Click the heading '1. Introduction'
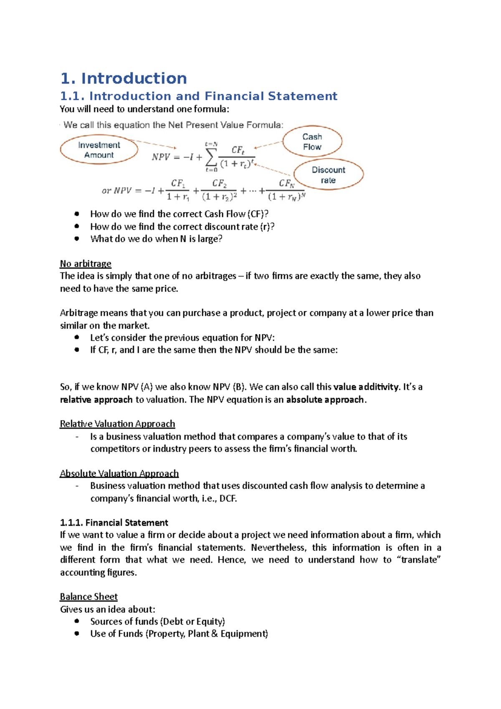coord(124,78)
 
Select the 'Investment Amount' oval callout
coord(99,150)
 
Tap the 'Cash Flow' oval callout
coord(312,142)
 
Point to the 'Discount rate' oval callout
coord(328,175)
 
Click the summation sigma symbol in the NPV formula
coord(211,157)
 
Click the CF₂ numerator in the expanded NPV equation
coord(219,184)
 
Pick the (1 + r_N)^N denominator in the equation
coord(286,196)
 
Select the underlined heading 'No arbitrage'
coord(86,263)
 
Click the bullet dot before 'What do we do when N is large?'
coord(77,239)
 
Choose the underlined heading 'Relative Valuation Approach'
coord(117,424)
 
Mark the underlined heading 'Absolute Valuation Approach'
coord(119,473)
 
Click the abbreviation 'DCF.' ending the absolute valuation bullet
coord(228,498)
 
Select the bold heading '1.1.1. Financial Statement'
coord(114,522)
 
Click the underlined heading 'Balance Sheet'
coord(89,596)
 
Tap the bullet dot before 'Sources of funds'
coord(77,621)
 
